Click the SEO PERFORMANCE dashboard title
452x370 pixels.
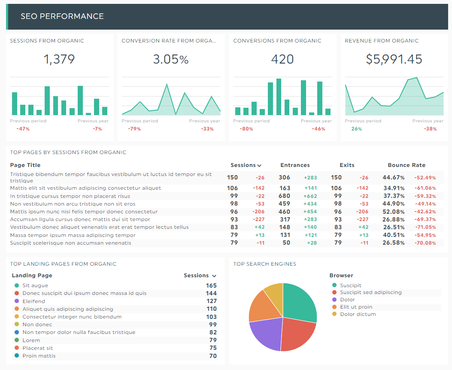[62, 16]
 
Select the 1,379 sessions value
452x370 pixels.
[59, 59]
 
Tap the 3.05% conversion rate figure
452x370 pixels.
[171, 59]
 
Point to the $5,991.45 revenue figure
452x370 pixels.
[394, 59]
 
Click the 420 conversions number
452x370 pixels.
[282, 59]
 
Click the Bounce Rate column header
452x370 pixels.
[406, 165]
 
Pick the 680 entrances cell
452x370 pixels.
[284, 196]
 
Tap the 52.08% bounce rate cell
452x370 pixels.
[394, 212]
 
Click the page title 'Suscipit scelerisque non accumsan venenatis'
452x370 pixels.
[71, 243]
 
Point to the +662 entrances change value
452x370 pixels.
[310, 196]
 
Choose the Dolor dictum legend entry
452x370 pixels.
[358, 314]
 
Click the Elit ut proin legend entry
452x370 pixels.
[356, 307]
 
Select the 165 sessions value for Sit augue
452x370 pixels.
[211, 285]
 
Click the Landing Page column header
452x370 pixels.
[32, 276]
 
